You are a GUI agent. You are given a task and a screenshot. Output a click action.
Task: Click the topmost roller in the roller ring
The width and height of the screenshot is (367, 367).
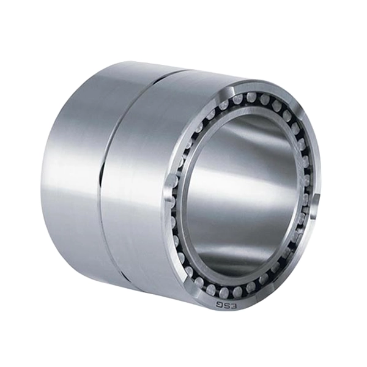(x=251, y=98)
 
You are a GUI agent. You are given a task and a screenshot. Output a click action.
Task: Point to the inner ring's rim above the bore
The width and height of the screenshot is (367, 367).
(x=245, y=111)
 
